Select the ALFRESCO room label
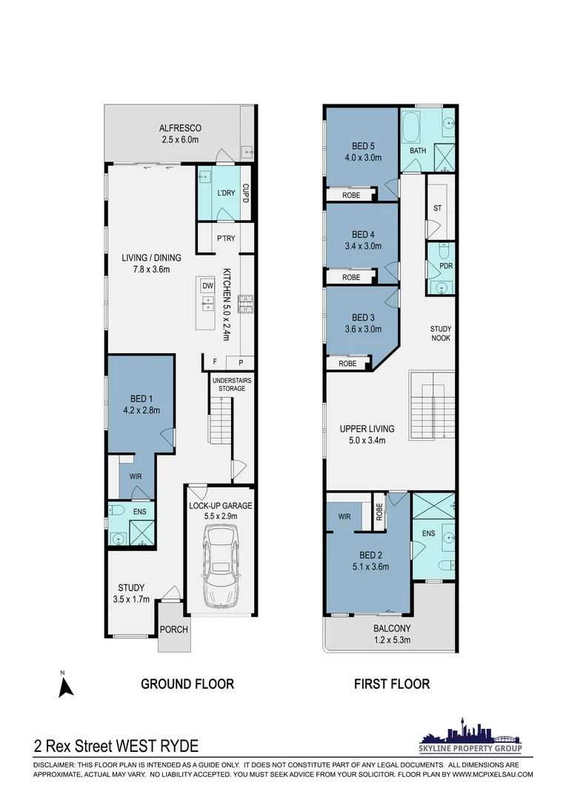pyautogui.click(x=180, y=128)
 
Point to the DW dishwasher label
pyautogui.click(x=207, y=286)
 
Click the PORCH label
pyautogui.click(x=174, y=630)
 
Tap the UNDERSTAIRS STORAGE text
pyautogui.click(x=232, y=384)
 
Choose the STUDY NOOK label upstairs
pyautogui.click(x=441, y=333)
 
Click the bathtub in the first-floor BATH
pyautogui.click(x=411, y=127)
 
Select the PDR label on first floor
pyautogui.click(x=446, y=266)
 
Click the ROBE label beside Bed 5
pyautogui.click(x=351, y=195)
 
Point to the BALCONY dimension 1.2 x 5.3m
pyautogui.click(x=392, y=640)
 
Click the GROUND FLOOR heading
pyautogui.click(x=187, y=684)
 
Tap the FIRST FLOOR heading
pyautogui.click(x=392, y=684)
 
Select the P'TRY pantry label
pyautogui.click(x=226, y=239)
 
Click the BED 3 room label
pyautogui.click(x=363, y=317)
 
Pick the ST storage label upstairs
pyautogui.click(x=437, y=208)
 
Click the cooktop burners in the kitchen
pyautogui.click(x=245, y=304)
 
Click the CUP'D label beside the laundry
pyautogui.click(x=245, y=193)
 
